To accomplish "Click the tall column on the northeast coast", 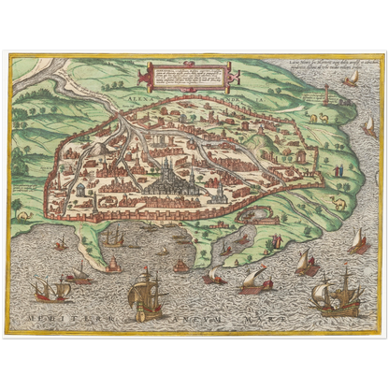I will coord(326,96).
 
